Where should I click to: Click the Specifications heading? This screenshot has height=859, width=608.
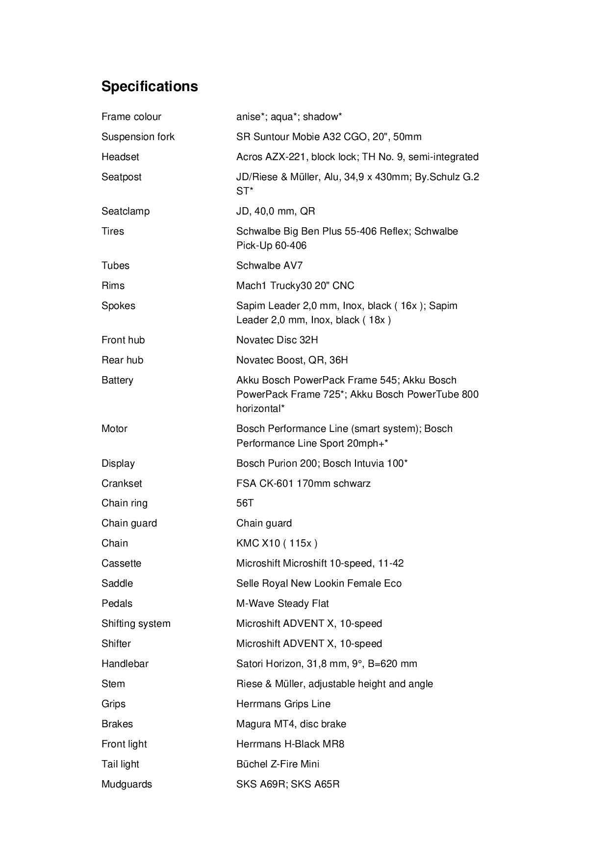pos(150,86)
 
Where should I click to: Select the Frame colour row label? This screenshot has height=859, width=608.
pos(131,117)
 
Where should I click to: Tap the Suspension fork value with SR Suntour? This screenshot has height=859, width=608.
pos(329,137)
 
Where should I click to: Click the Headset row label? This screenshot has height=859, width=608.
pos(120,157)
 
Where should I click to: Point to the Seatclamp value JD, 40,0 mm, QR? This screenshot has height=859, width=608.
pos(276,211)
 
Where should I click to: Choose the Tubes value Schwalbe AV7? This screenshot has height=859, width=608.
pos(269,265)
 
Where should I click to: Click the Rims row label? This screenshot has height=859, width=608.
pos(113,286)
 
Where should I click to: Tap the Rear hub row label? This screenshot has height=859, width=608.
pos(122,360)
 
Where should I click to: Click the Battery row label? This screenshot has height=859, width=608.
pos(117,380)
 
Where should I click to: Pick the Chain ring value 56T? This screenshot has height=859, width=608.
pos(245,503)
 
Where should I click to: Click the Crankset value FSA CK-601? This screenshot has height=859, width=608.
pos(303,483)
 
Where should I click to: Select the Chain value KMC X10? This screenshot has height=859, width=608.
pos(277,543)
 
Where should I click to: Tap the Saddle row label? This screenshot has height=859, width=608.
pos(117,583)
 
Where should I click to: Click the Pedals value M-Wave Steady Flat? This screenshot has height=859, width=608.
pos(282,603)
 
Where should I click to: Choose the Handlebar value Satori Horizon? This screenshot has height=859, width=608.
pos(327,664)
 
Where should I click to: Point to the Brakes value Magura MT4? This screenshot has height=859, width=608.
pos(291,724)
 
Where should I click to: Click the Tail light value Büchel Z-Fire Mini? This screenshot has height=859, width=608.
pos(278,764)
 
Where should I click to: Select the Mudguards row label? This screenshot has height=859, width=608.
pos(127,784)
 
